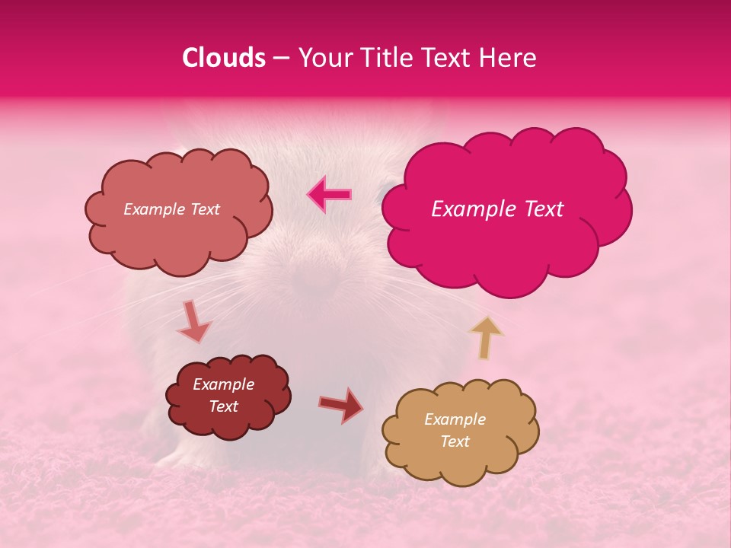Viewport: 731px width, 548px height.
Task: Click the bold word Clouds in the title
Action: (224, 58)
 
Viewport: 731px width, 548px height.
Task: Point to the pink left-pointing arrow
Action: (329, 194)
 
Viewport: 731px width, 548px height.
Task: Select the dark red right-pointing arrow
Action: (341, 405)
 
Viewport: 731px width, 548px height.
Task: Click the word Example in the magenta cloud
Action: (470, 209)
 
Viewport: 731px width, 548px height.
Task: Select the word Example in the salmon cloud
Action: (155, 209)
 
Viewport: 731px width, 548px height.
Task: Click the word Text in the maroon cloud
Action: (224, 406)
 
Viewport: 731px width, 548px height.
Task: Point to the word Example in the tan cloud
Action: (455, 419)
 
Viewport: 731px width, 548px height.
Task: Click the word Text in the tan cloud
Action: (455, 441)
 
